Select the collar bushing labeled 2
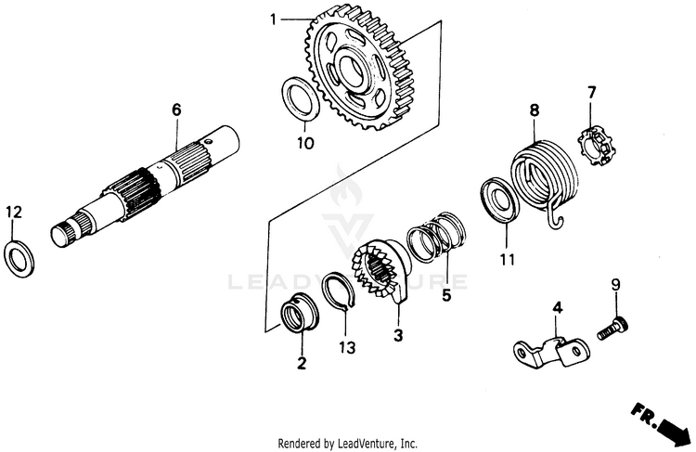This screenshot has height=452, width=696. tap(301, 313)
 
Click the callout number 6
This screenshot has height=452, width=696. tap(175, 109)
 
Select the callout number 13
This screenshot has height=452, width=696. tap(345, 347)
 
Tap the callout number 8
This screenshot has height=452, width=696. tap(534, 110)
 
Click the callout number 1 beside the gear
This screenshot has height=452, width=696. tap(274, 19)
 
